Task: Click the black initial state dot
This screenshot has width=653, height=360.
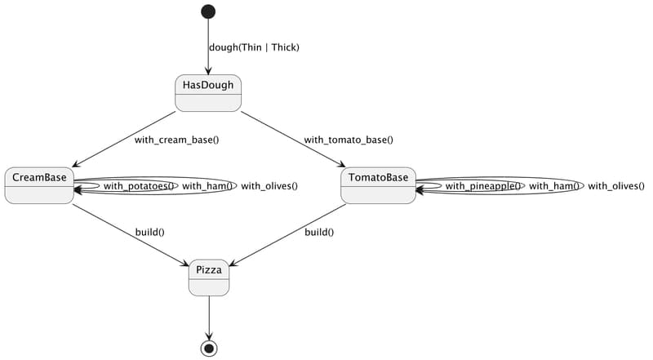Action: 209,11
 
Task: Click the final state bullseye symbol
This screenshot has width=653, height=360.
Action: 209,349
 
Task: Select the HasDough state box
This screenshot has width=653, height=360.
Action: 209,93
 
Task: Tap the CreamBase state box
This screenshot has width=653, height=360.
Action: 39,185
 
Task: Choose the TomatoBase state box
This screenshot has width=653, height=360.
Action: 378,185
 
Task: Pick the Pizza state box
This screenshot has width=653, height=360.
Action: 209,278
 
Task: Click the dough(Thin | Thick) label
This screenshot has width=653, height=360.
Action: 254,47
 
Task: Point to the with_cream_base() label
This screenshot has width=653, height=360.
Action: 176,140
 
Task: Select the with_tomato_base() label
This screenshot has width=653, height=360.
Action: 349,140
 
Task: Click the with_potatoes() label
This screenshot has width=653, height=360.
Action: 139,186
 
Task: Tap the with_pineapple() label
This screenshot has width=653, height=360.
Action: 483,186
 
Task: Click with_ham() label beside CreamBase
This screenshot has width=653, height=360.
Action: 207,186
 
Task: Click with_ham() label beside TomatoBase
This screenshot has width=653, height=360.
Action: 554,186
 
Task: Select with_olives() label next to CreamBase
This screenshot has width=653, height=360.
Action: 269,186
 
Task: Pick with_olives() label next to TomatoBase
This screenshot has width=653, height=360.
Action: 616,186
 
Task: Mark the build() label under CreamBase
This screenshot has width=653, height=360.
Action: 150,232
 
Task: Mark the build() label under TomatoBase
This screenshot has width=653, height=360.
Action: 319,232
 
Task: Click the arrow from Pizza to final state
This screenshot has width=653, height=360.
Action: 209,317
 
